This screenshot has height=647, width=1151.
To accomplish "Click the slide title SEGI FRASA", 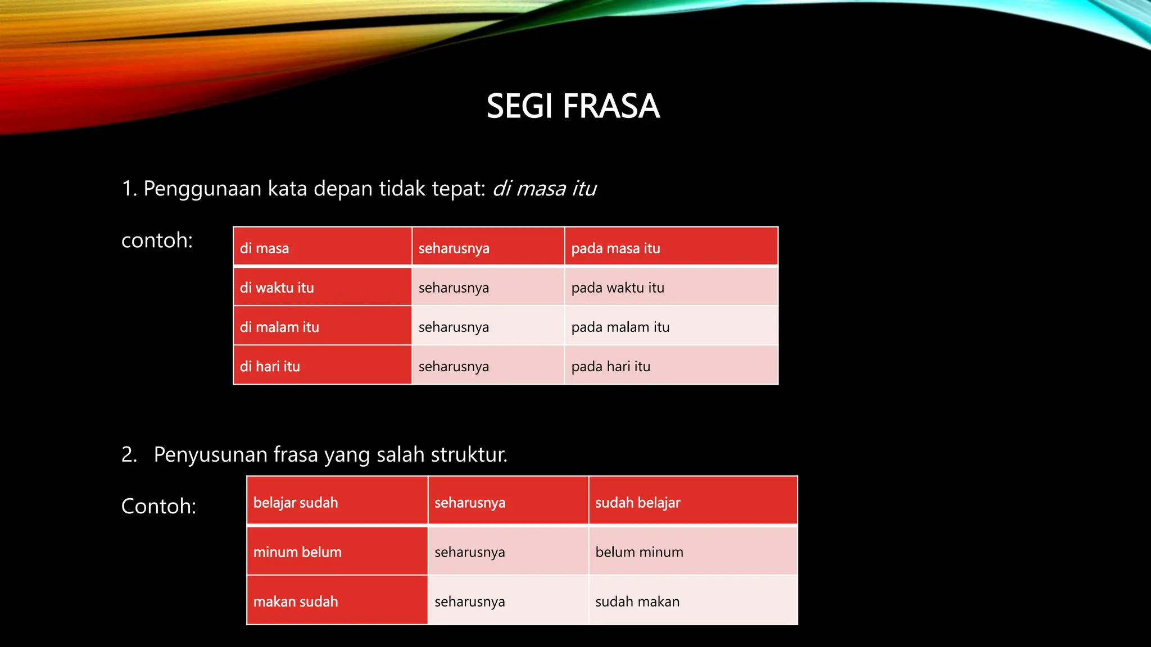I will point(572,106).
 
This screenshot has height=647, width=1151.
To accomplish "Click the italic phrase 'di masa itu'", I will point(544,189).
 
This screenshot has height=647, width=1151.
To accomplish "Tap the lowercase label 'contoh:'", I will point(157,240).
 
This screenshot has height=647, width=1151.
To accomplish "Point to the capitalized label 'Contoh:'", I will point(158,506).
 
